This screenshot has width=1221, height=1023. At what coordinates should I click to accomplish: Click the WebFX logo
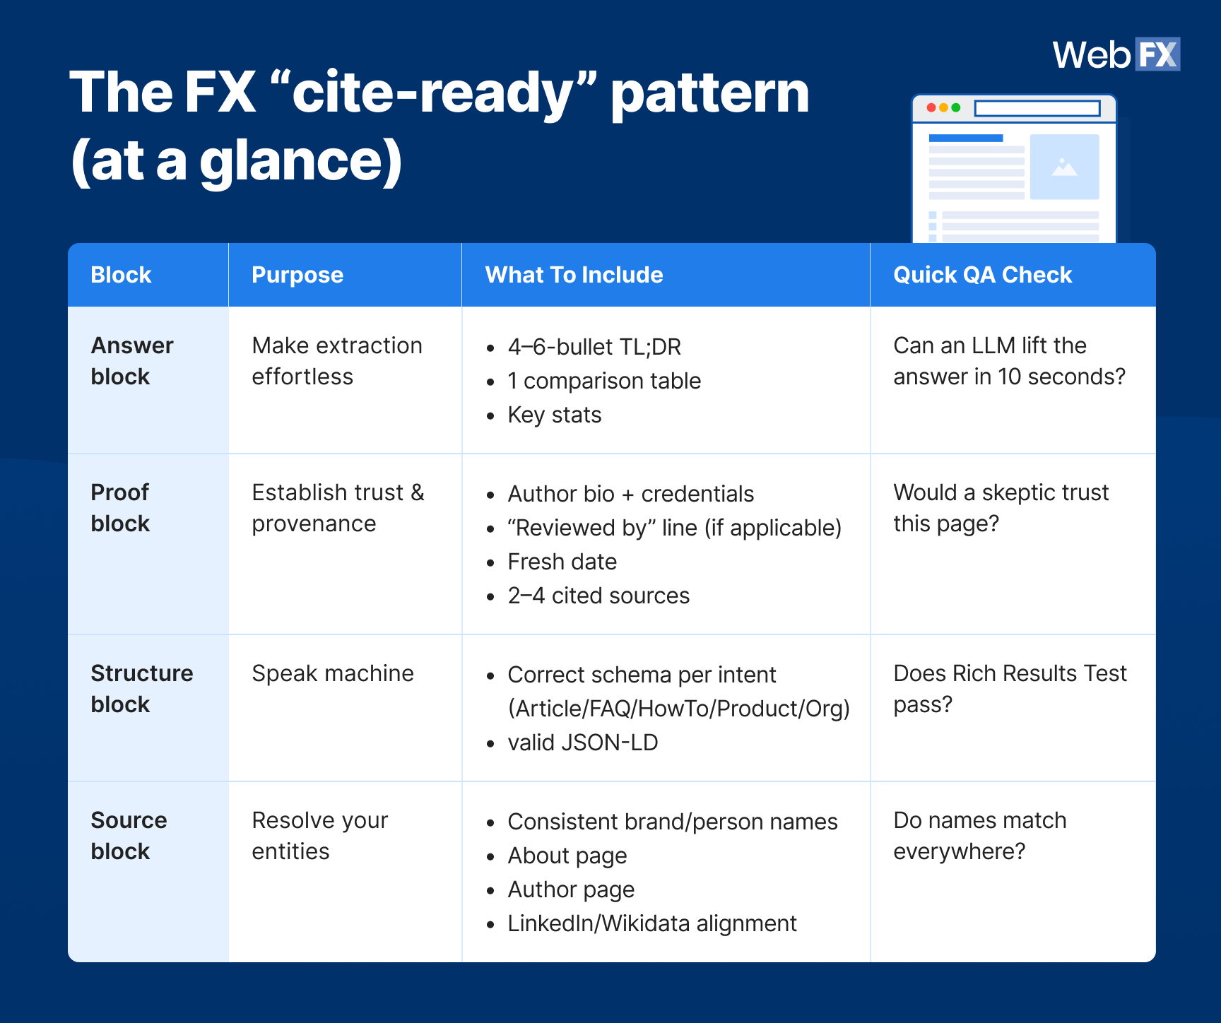pos(1116,54)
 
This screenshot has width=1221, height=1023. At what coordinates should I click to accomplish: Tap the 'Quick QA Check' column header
pos(982,275)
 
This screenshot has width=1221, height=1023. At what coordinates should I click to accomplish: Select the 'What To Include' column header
pos(574,275)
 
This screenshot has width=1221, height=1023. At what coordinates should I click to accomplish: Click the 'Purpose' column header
pos(297,275)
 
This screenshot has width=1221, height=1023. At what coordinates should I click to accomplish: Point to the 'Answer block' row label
pos(132,361)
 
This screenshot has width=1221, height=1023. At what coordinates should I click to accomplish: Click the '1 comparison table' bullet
pos(604,381)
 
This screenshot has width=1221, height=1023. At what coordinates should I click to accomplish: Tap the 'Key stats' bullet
pos(555,415)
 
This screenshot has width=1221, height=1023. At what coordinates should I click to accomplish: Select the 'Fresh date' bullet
pos(562,562)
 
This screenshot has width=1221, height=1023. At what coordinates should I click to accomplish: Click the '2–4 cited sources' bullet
pos(598,596)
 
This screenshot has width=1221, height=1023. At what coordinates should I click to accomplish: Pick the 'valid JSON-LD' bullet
pos(583,743)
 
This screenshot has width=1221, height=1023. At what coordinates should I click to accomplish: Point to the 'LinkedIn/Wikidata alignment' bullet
pos(652,923)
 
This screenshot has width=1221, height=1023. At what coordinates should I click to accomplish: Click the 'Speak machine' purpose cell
pos(333,673)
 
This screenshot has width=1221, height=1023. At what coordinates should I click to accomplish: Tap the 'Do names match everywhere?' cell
pos(979,836)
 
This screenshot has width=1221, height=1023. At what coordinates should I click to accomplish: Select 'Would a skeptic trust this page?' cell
pos(1001,508)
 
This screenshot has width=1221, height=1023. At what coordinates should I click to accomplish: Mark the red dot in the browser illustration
pos(931,107)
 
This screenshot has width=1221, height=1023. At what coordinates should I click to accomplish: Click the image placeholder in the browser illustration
pos(1064,167)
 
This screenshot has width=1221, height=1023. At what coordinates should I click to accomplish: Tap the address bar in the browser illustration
pos(1037,108)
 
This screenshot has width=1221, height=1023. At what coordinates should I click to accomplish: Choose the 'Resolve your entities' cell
pos(319,836)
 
